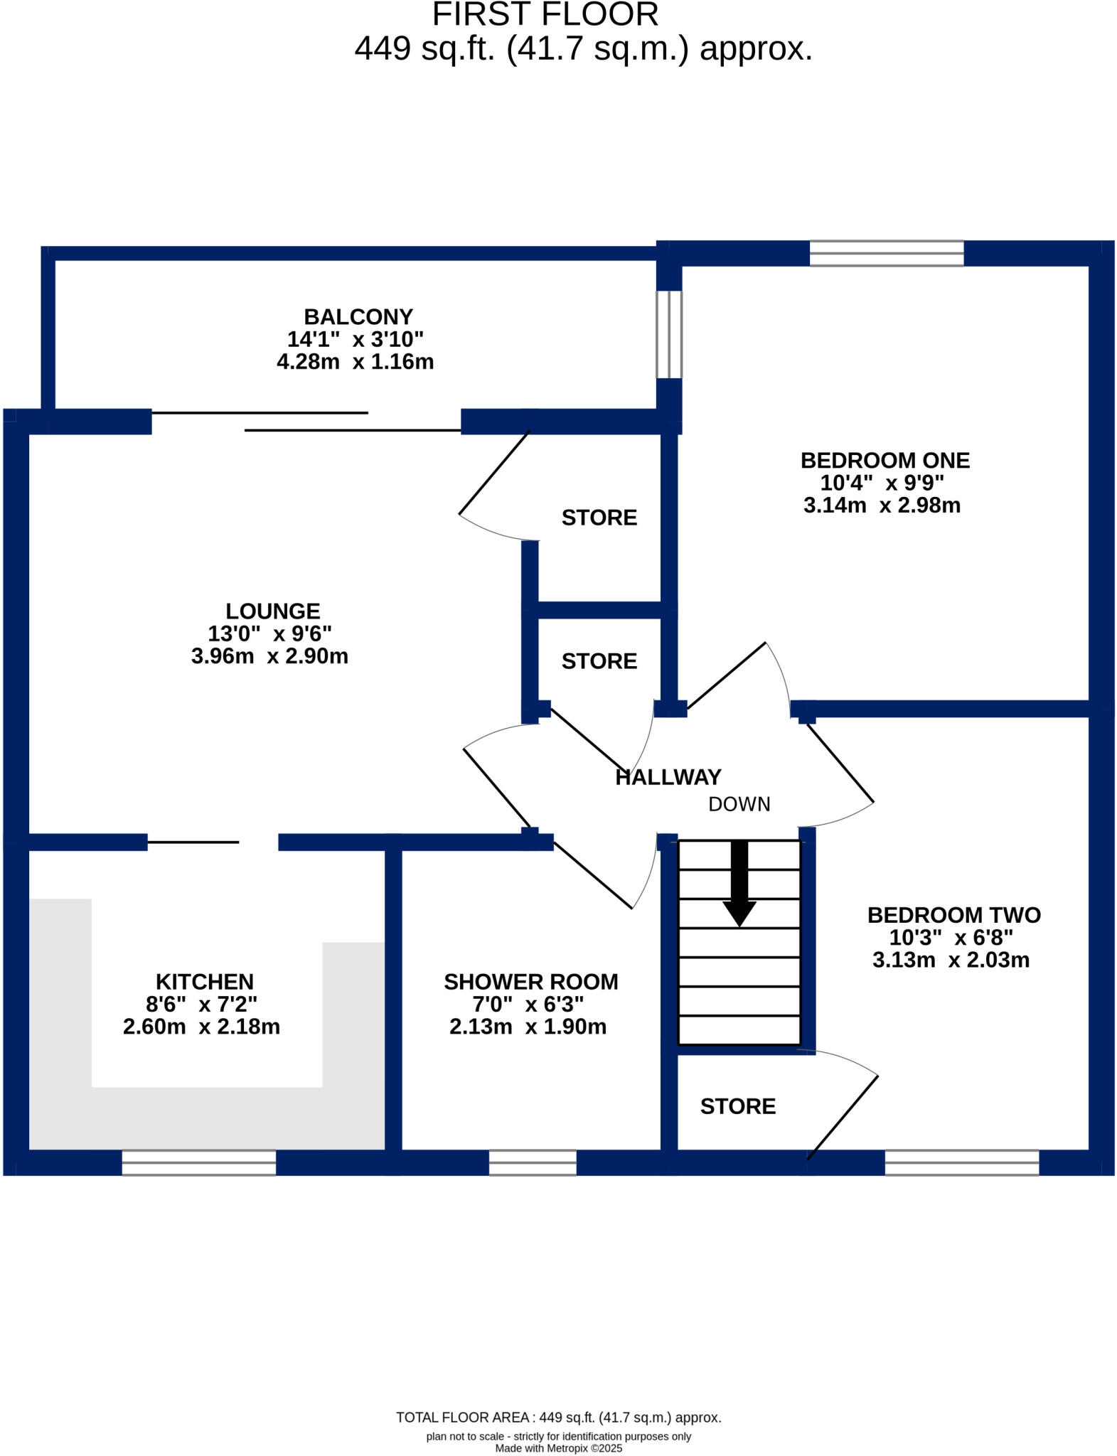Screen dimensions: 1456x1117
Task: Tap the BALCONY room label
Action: click(x=358, y=317)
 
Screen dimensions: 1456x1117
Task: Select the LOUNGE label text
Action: click(x=272, y=611)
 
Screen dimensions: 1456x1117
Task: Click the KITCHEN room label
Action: click(x=204, y=982)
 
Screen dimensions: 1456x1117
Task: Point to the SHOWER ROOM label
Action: click(x=530, y=982)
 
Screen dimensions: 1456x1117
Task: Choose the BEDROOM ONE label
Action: click(x=884, y=461)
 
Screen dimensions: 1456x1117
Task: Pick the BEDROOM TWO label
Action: click(x=953, y=915)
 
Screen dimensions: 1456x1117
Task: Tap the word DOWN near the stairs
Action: click(x=739, y=804)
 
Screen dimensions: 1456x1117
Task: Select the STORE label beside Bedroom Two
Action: click(x=737, y=1106)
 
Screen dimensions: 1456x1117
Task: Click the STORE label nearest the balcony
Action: click(x=599, y=518)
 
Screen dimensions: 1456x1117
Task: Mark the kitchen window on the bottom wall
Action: click(x=198, y=1162)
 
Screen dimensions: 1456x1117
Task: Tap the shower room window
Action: click(x=533, y=1162)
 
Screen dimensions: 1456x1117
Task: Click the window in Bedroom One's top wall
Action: click(x=886, y=253)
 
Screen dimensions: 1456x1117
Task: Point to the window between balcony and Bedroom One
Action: click(x=668, y=334)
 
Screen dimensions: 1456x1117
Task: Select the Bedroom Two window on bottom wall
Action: click(x=961, y=1162)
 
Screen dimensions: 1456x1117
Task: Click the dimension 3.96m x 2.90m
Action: click(x=269, y=656)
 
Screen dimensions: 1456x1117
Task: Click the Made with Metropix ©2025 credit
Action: click(x=558, y=1448)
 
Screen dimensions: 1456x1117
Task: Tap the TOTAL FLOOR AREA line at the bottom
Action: click(x=558, y=1418)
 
